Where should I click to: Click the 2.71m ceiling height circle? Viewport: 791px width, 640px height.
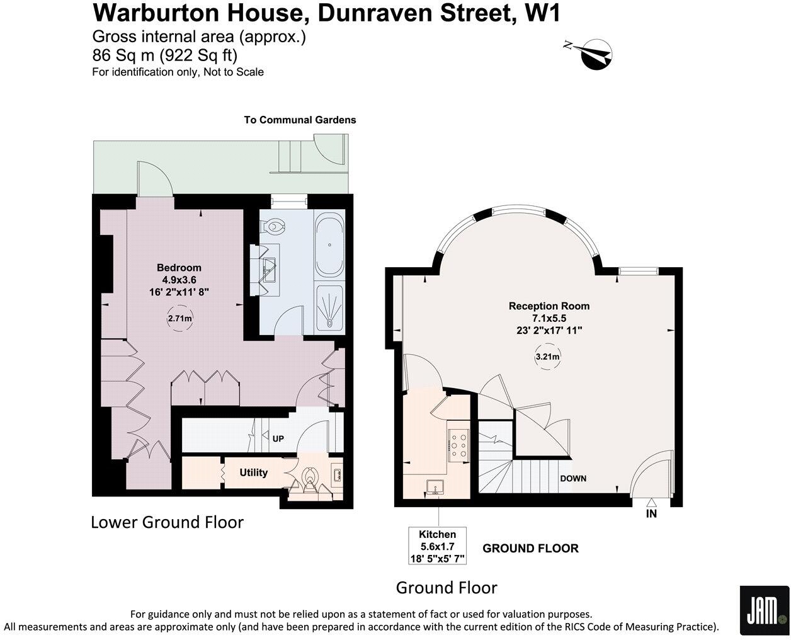pyautogui.click(x=179, y=318)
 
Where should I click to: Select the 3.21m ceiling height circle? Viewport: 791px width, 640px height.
pyautogui.click(x=547, y=357)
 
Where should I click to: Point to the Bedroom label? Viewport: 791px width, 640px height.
pyautogui.click(x=179, y=267)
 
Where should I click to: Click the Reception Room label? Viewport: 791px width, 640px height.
pyautogui.click(x=549, y=306)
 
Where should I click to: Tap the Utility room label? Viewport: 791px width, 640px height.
pyautogui.click(x=254, y=472)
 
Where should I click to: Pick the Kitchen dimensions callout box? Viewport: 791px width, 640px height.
pyautogui.click(x=437, y=546)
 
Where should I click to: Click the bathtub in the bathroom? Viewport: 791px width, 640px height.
pyautogui.click(x=329, y=246)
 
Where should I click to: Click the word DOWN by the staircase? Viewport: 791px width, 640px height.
pyautogui.click(x=573, y=479)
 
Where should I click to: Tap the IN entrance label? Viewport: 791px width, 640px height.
pyautogui.click(x=651, y=514)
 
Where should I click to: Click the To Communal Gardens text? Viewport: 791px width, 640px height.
pyautogui.click(x=300, y=120)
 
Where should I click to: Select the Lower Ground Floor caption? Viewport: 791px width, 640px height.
pyautogui.click(x=167, y=522)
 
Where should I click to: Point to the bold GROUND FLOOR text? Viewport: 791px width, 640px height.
pyautogui.click(x=530, y=549)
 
